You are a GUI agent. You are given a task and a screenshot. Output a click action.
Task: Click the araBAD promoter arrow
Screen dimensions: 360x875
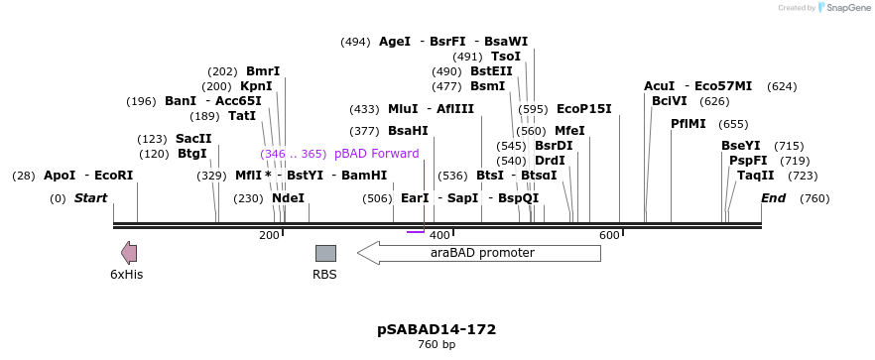479,253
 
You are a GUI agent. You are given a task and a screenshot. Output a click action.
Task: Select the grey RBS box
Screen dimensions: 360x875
325,253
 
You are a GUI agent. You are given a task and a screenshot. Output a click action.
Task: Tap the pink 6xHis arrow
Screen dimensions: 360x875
129,253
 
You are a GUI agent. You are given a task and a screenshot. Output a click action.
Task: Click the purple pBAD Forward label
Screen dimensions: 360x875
376,154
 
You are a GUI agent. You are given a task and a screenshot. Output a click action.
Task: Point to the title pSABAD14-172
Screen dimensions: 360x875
437,329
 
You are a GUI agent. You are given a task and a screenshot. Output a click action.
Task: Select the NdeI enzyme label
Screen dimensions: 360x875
288,198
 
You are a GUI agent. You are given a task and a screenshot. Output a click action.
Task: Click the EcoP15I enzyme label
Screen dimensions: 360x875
583,109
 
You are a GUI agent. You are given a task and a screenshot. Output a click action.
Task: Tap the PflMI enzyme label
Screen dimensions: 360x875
688,124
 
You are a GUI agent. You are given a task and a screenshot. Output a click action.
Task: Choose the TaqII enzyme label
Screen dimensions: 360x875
755,176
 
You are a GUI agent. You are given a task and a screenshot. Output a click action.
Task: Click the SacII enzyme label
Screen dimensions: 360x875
193,139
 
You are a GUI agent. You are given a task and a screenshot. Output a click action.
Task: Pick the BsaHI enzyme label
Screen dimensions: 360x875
408,131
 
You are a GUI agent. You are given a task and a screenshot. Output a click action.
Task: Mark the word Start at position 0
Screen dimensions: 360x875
90,198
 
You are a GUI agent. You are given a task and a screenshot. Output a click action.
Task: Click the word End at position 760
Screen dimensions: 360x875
773,198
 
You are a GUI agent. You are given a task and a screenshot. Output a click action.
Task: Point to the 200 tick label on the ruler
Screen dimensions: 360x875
269,235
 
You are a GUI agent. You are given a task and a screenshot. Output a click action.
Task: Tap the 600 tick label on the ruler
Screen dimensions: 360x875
609,235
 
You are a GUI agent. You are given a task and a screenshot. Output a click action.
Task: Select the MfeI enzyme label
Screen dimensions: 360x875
569,131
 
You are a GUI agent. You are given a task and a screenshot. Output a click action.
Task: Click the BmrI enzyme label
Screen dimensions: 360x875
263,71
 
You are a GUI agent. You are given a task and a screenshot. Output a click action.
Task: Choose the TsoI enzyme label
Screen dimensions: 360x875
506,57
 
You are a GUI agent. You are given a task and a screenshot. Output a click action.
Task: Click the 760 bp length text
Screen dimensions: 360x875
437,345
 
